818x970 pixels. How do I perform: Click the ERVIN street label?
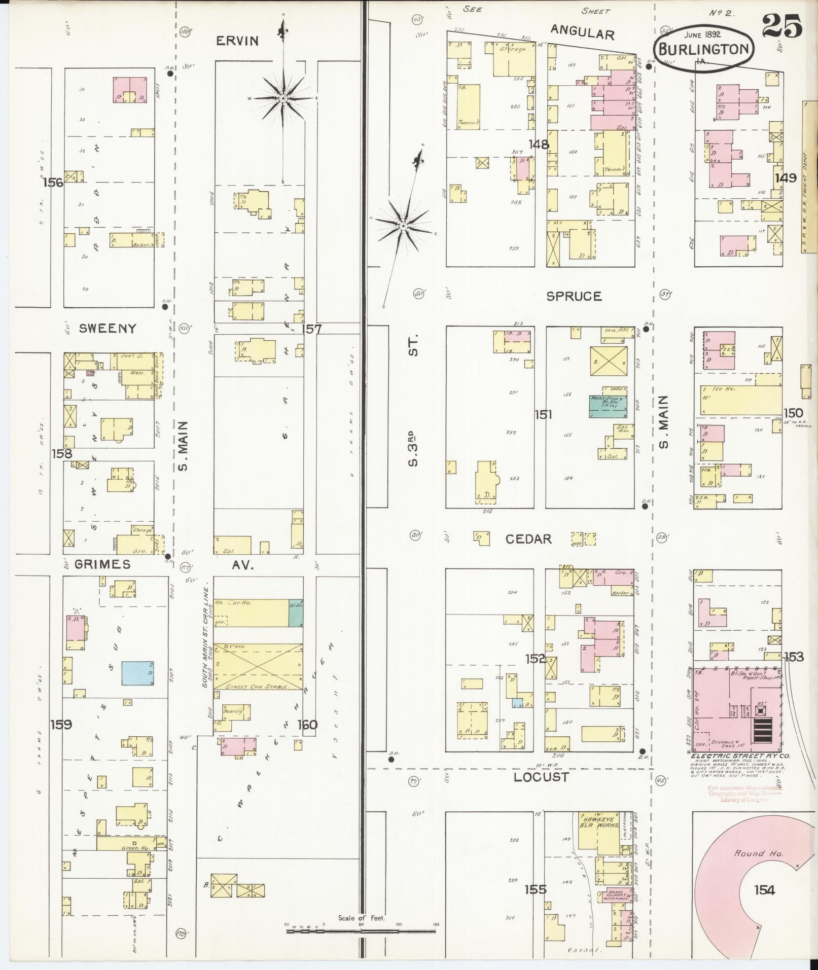(x=237, y=41)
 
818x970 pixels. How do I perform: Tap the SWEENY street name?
(x=108, y=329)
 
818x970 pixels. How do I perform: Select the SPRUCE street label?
(x=574, y=296)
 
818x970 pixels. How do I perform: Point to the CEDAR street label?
(x=528, y=538)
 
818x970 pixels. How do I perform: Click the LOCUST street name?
(x=541, y=777)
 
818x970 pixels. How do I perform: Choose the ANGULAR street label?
(x=582, y=33)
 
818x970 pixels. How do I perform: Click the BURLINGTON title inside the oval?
(x=704, y=49)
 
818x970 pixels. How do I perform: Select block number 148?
(x=538, y=145)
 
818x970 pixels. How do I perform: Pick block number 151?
(x=543, y=415)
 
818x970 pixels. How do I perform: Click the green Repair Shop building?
(x=608, y=406)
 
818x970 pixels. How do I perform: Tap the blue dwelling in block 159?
(x=137, y=673)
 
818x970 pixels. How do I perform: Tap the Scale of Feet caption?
(x=362, y=918)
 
